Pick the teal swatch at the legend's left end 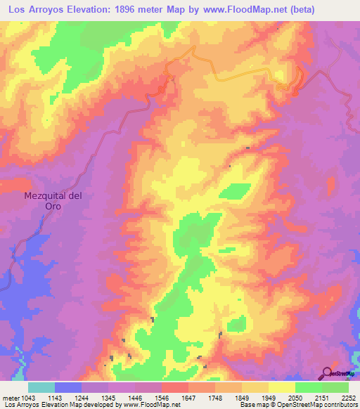(41, 387)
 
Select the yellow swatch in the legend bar (282, 387)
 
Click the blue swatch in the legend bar (68, 387)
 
